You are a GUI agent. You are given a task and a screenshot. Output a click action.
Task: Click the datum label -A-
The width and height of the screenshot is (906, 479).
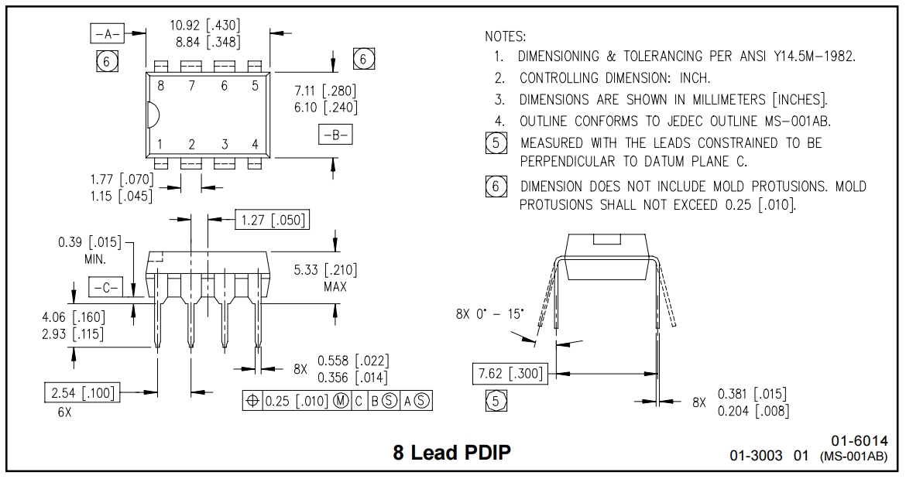[106, 34]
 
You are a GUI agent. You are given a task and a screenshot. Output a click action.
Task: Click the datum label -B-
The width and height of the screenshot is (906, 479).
[335, 134]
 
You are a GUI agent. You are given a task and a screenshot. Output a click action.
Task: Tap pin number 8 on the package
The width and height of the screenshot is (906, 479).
[160, 86]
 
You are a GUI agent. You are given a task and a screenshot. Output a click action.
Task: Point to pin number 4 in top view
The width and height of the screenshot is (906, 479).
[255, 143]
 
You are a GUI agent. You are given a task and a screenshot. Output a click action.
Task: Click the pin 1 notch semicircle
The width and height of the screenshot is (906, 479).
[153, 115]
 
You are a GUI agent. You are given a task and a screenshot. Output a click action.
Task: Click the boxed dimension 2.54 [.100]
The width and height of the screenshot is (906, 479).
[81, 393]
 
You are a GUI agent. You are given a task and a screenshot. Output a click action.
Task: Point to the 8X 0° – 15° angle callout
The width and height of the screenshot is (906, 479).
[489, 314]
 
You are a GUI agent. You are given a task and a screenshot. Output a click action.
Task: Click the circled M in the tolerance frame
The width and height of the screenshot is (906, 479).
[339, 401]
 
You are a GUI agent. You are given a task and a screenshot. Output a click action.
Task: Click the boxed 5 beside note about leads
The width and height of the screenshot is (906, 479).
[496, 143]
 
